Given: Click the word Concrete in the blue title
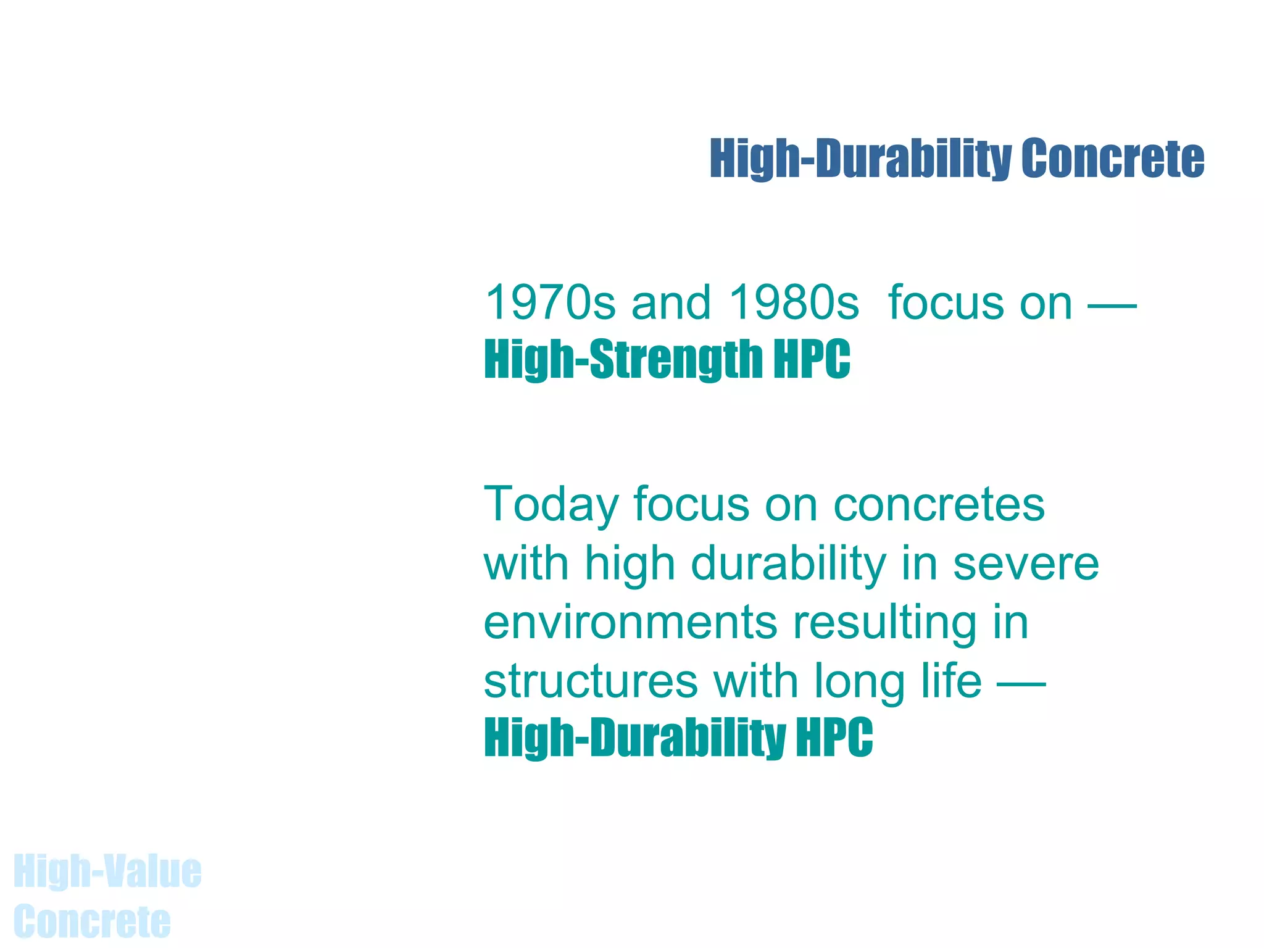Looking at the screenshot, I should click(1112, 159).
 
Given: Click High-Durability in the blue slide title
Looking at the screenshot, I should click(860, 159).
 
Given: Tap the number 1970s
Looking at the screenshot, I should click(550, 303).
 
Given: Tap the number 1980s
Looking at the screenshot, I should click(794, 303).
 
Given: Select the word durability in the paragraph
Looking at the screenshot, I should click(788, 564).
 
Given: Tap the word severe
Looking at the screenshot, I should click(1026, 564).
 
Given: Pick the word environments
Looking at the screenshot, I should click(630, 622).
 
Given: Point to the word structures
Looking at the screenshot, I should click(591, 681).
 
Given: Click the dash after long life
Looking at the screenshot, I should click(1021, 683).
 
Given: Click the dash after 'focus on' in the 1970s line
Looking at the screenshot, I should click(1112, 304).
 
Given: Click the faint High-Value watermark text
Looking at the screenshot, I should click(107, 871).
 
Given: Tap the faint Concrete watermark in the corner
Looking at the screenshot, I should click(92, 921).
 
